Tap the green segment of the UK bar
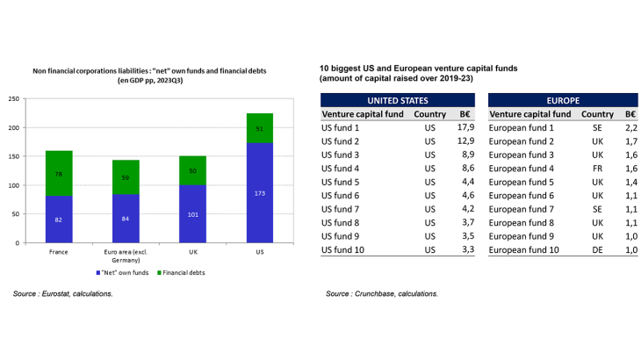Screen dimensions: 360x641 [193, 170]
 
